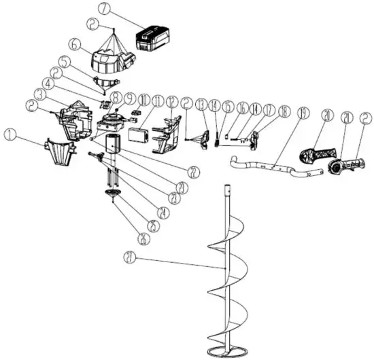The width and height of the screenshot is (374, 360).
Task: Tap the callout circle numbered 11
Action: [x=158, y=102]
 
